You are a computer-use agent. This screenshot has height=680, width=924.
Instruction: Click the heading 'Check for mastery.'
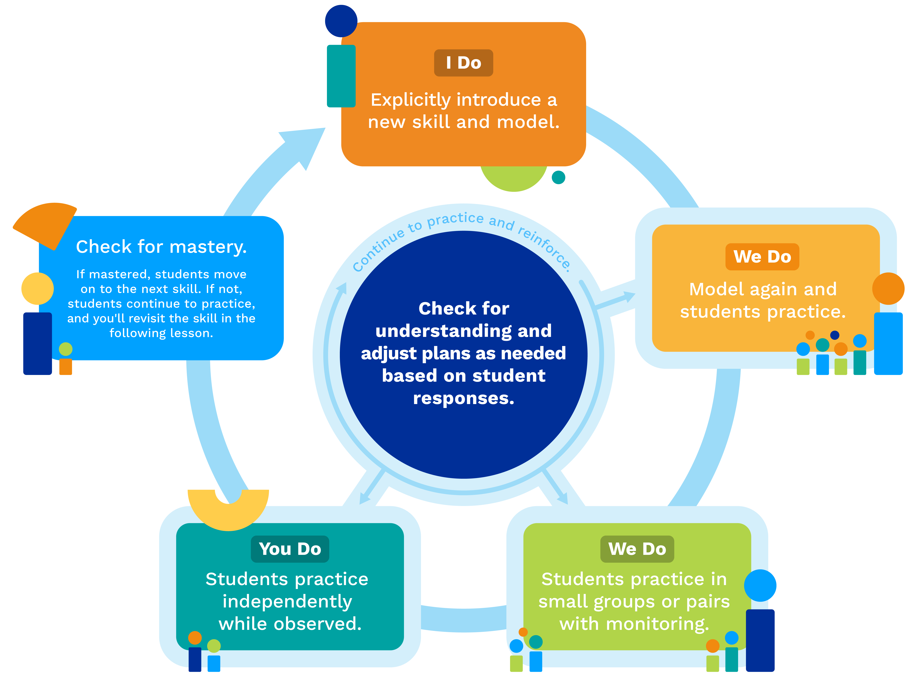[161, 247]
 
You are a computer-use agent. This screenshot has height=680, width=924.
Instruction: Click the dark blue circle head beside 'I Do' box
[341, 21]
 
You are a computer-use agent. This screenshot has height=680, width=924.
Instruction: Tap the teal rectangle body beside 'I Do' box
[341, 76]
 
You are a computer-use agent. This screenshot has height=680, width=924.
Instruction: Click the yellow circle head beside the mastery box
[37, 289]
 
